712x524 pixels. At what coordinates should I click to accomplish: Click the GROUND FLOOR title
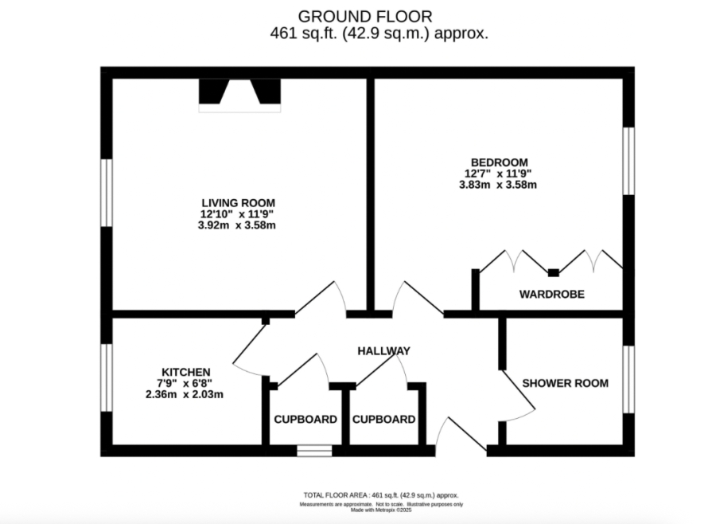pos(366,16)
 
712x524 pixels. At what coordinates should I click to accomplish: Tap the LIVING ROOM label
pos(238,202)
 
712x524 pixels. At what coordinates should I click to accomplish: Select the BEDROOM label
pos(498,162)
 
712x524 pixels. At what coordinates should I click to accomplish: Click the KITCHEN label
pos(185,372)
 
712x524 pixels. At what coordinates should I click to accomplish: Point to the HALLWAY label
pos(383,350)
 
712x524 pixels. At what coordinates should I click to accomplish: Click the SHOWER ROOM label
pos(565,383)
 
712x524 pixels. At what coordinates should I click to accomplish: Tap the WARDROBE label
pos(551,294)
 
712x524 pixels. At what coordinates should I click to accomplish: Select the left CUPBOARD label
pos(305,420)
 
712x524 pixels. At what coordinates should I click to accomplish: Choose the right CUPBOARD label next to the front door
pos(383,420)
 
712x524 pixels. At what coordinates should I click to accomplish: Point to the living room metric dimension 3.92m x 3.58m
pos(238,225)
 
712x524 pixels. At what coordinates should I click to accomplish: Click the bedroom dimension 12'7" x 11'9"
pos(498,174)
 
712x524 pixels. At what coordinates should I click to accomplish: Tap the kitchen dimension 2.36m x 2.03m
pos(184,394)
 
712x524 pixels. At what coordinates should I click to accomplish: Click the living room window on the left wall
pos(107,194)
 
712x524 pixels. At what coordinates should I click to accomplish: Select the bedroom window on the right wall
pos(628,160)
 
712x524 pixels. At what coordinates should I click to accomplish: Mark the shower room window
pos(628,379)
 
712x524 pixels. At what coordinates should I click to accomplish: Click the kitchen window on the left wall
pos(107,377)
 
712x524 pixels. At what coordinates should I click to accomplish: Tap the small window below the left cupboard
pos(314,451)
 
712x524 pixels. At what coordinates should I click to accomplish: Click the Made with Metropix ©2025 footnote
pos(381,510)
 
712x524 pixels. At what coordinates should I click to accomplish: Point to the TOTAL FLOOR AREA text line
pos(381,495)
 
